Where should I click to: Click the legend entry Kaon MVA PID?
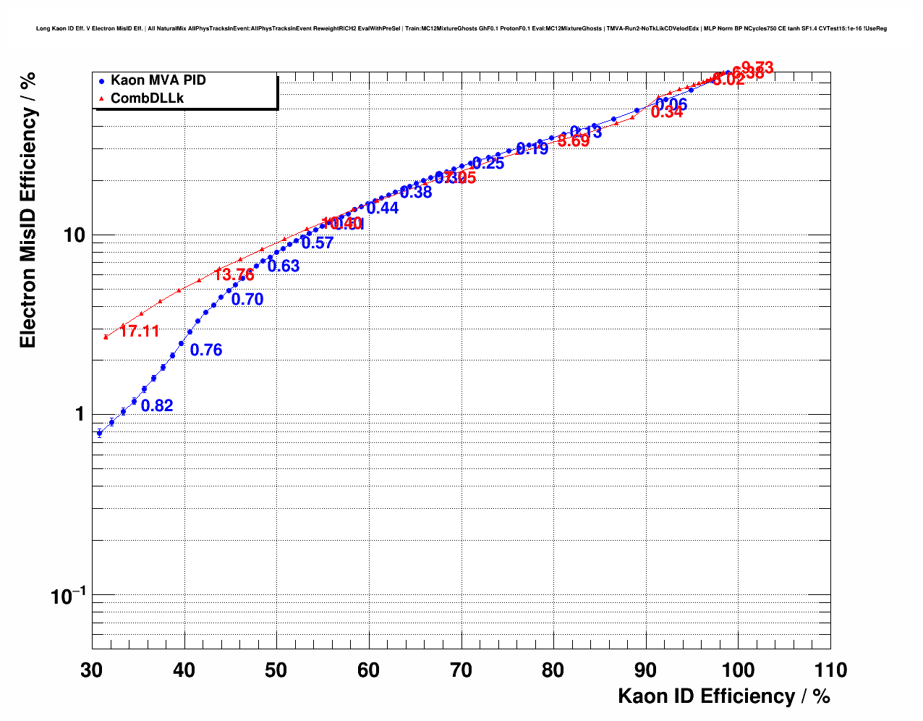(x=158, y=80)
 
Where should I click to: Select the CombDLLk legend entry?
(x=147, y=98)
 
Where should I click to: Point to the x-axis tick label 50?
(x=276, y=670)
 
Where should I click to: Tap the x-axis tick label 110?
(x=830, y=670)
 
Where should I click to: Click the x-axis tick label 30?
(x=92, y=670)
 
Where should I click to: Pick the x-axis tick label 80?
(x=553, y=670)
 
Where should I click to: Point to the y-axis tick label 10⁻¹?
(x=68, y=596)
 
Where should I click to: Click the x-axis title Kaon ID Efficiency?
(x=723, y=696)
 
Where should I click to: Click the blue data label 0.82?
(x=157, y=406)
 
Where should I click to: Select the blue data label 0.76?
(x=206, y=350)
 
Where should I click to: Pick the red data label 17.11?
(x=140, y=332)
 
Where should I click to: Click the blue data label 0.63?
(x=284, y=266)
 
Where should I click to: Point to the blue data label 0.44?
(x=383, y=208)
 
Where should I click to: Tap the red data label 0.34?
(x=667, y=112)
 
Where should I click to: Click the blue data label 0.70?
(x=247, y=300)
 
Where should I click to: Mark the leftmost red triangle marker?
(x=106, y=337)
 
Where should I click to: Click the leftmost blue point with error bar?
(x=99, y=433)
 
